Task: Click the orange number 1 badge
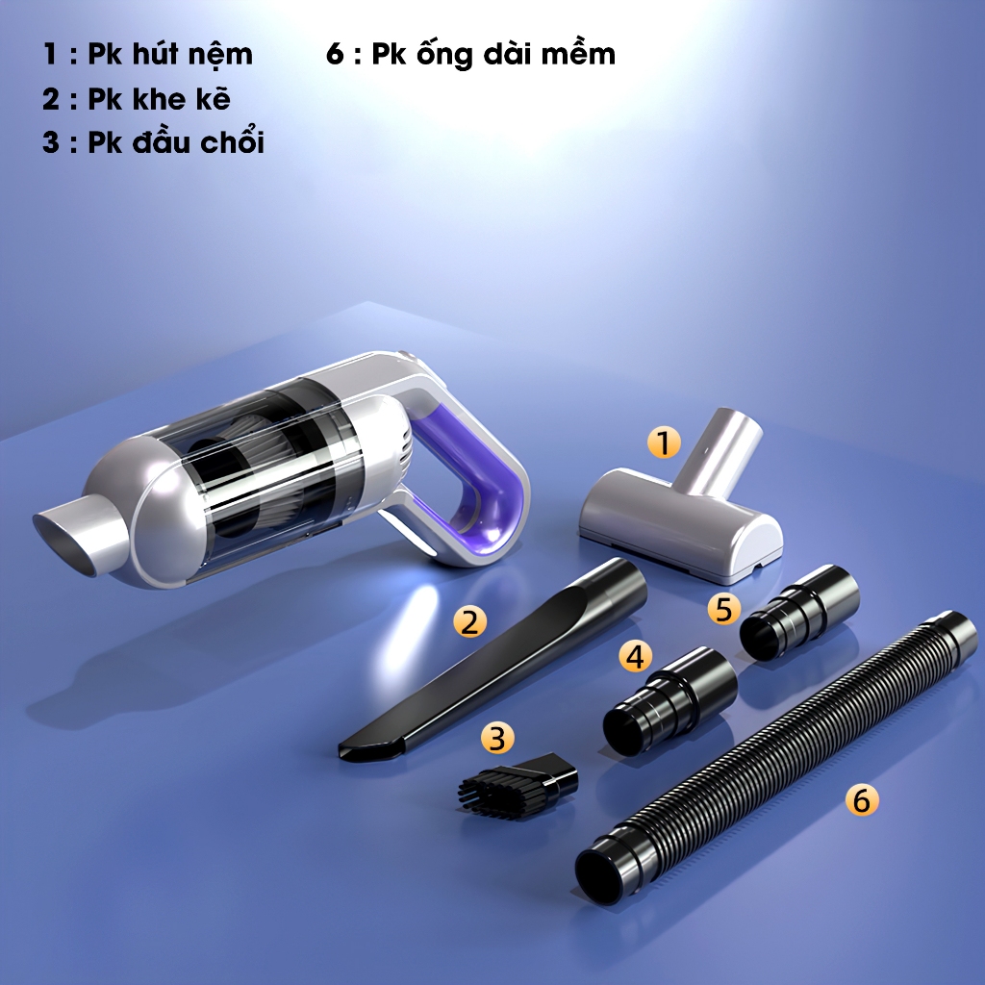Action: pos(664,442)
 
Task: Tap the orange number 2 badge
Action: pos(469,621)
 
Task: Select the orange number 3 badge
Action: pos(497,738)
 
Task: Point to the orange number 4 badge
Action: pos(635,656)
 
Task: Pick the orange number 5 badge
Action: pos(723,609)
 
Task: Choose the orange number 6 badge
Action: pos(862,800)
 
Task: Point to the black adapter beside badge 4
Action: pos(669,702)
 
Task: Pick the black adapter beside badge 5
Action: pos(799,612)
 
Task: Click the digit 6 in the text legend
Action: pos(336,54)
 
